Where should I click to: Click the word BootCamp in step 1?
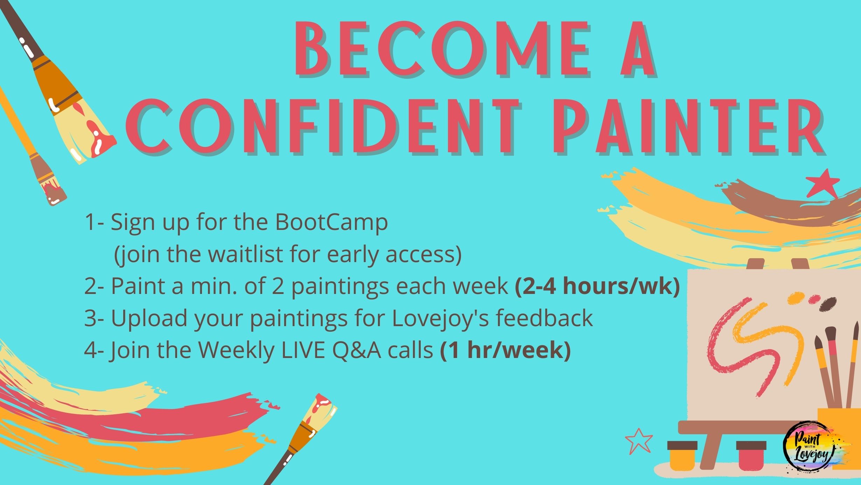tap(331, 223)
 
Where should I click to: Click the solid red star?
tap(822, 183)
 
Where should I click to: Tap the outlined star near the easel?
tap(639, 441)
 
